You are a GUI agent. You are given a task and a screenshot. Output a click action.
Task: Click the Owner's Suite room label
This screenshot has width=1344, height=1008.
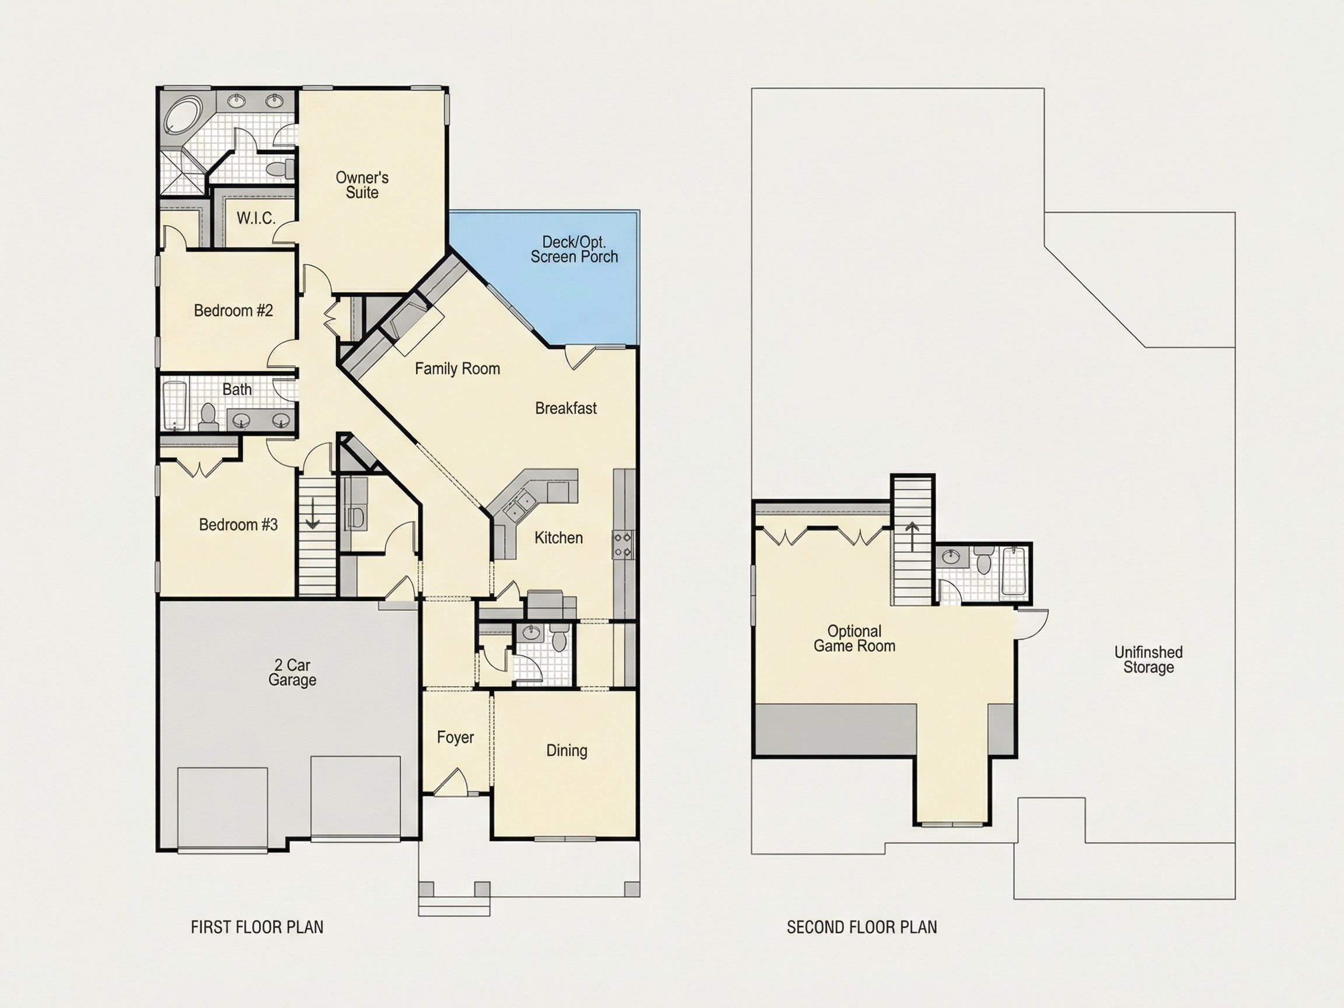coord(362,185)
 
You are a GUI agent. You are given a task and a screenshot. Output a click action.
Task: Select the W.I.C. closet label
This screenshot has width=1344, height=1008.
coord(256,218)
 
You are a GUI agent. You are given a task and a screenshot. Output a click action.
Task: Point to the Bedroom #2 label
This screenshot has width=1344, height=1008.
coord(233,310)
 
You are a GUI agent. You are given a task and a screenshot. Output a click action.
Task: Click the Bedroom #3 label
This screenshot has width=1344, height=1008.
coord(238,524)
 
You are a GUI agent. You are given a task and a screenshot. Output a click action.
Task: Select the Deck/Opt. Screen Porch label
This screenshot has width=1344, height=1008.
coord(574,250)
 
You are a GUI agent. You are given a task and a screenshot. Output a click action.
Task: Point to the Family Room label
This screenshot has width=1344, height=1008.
coord(457,369)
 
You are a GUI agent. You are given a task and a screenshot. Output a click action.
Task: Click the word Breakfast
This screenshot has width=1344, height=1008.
coord(566,408)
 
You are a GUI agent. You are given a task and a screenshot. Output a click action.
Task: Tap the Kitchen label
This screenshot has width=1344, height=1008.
coord(558,538)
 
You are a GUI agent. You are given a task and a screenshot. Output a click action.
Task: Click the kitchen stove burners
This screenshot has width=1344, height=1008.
coord(623,545)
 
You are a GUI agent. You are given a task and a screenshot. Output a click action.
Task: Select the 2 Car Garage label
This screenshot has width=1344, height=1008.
coord(292,673)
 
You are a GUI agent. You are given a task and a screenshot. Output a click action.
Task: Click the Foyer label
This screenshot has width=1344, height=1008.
coord(455,737)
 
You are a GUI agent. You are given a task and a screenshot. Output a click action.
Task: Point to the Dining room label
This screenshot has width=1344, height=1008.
coord(567,750)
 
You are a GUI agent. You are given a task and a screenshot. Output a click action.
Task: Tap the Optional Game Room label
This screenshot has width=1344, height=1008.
coord(854,639)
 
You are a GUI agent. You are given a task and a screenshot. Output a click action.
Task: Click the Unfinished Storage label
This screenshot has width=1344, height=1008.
coord(1149,660)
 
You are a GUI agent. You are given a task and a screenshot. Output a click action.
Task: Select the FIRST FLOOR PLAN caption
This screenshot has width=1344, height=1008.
coord(257,927)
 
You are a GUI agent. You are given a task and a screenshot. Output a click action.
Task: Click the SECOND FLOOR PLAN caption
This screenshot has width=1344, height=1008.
coord(862,927)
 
